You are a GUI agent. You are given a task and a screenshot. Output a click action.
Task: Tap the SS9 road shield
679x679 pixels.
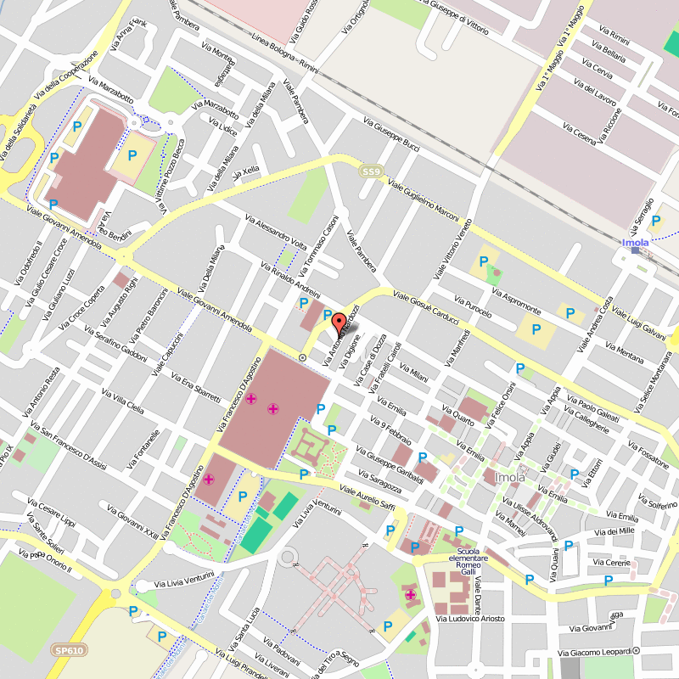point(370,171)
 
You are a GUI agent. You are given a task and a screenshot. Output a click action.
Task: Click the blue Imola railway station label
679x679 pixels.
point(636,243)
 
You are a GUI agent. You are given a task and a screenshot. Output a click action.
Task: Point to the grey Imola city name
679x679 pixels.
point(509,478)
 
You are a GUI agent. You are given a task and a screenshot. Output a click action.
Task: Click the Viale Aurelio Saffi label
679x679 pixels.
point(368,498)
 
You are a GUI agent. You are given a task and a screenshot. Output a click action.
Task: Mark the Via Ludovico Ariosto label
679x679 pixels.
point(470,619)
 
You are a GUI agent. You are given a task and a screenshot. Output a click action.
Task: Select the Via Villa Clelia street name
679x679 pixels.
point(123,401)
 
